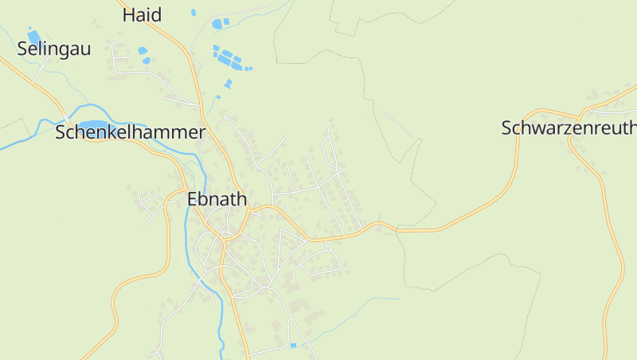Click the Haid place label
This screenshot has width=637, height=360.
click(x=143, y=14)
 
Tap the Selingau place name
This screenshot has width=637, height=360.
click(x=54, y=49)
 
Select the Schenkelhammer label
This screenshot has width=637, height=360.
click(x=130, y=132)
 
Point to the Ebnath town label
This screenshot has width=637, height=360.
click(x=217, y=200)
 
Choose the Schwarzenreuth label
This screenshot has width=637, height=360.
click(x=569, y=127)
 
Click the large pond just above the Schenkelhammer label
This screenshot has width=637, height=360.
click(x=94, y=125)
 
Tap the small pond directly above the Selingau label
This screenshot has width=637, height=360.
click(x=34, y=36)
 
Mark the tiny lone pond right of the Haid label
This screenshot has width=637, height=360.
click(x=193, y=13)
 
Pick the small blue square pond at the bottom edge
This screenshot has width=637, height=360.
click(x=293, y=345)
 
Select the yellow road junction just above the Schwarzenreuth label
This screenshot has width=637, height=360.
click(x=581, y=112)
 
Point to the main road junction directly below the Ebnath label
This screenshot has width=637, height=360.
click(x=226, y=236)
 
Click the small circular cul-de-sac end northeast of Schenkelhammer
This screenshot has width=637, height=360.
click(x=226, y=118)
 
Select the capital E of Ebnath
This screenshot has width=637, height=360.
click(x=193, y=200)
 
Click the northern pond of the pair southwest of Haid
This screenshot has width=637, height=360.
click(x=142, y=50)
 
